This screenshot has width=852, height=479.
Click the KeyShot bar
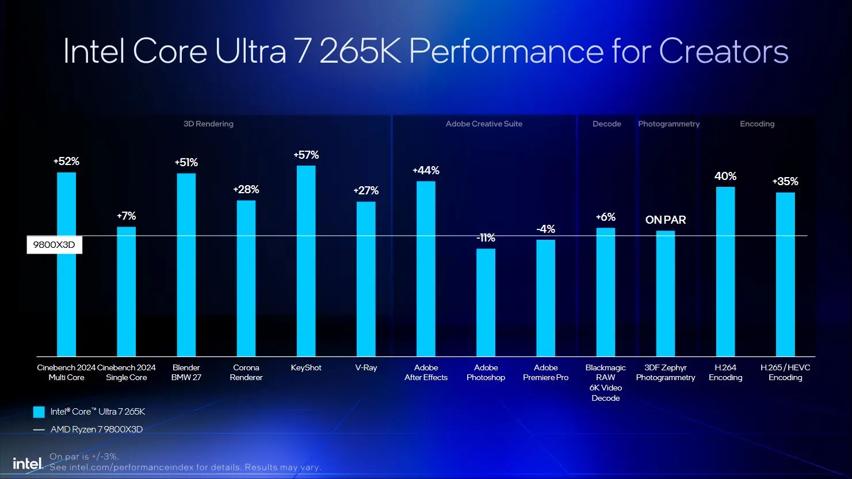(x=306, y=261)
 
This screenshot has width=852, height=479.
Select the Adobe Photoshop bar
(x=486, y=302)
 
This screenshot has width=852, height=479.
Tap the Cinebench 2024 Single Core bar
(x=127, y=292)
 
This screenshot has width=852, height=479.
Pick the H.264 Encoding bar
(x=725, y=271)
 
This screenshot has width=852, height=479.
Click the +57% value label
(x=306, y=155)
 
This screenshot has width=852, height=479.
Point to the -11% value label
(x=486, y=238)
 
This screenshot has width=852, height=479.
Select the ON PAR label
(x=666, y=220)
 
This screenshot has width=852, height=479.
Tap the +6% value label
(x=605, y=217)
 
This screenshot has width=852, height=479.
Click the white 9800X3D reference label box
(x=54, y=245)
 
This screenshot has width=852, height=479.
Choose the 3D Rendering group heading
(x=208, y=124)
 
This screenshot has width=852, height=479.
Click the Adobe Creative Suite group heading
(x=484, y=124)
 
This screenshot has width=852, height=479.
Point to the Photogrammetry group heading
(x=668, y=124)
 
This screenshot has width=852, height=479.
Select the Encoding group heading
(x=757, y=124)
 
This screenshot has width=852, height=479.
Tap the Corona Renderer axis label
(x=246, y=373)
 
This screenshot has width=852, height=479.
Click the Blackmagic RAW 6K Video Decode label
(x=605, y=382)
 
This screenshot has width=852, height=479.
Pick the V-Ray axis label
(x=366, y=368)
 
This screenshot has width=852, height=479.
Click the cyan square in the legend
(x=39, y=412)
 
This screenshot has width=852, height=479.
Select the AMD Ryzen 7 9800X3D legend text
(x=97, y=430)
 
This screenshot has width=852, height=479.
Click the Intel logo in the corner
(x=28, y=463)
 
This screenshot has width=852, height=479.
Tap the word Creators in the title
(x=723, y=51)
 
